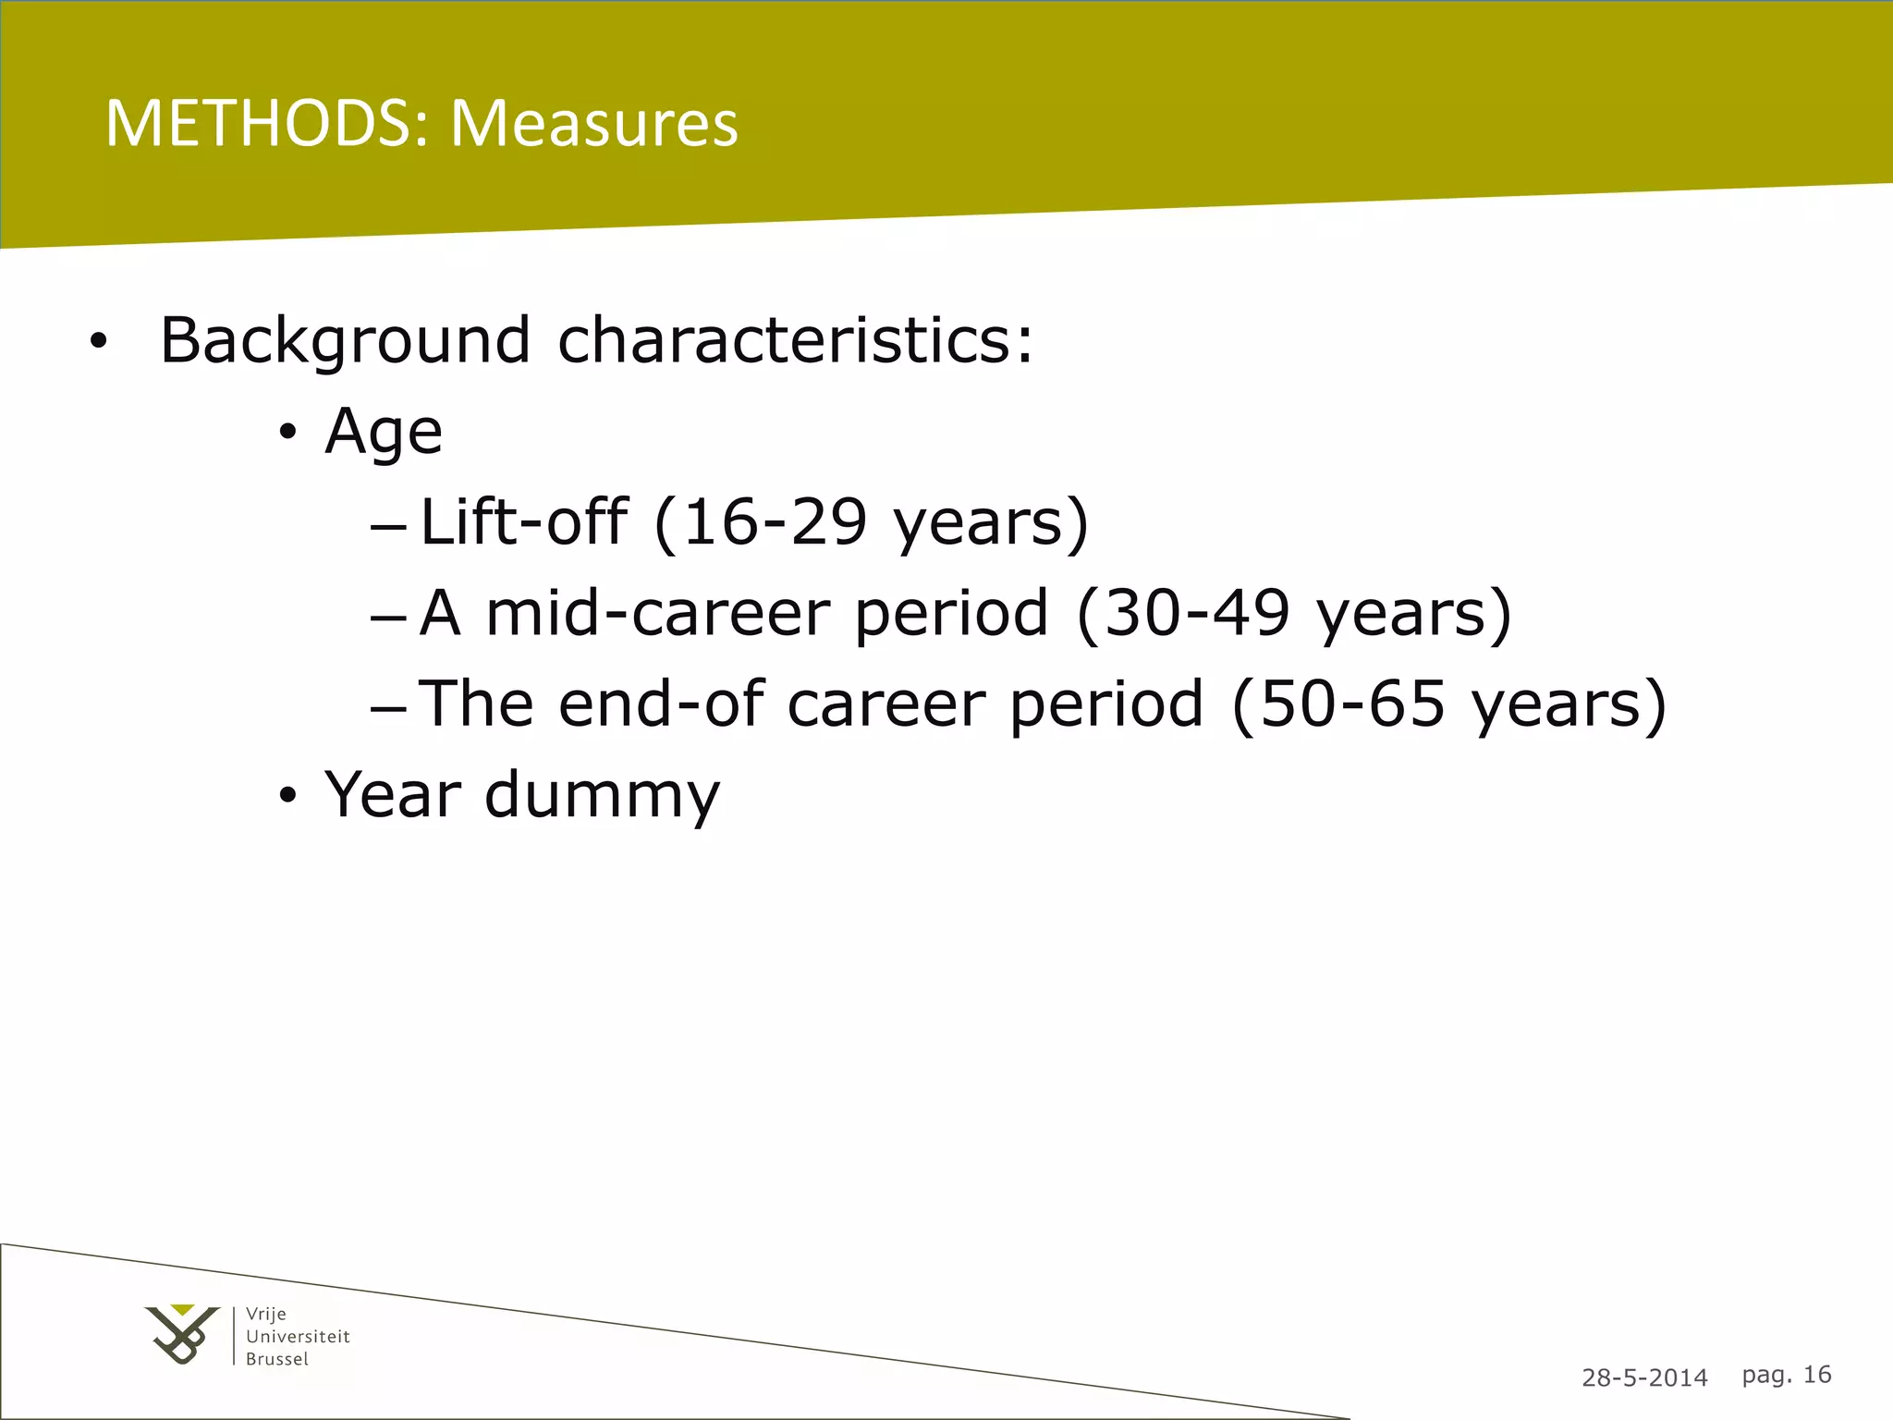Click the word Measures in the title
point(594,123)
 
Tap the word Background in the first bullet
point(345,342)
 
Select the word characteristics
point(795,340)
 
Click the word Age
point(384,433)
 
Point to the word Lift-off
point(523,522)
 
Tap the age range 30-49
point(1196,613)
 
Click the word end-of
point(661,704)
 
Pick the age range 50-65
point(1352,704)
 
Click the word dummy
point(602,795)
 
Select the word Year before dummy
point(393,794)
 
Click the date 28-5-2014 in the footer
point(1644,1377)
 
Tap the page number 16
point(1817,1375)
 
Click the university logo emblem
point(182,1334)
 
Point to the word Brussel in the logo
point(277,1359)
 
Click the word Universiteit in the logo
point(298,1336)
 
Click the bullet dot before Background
point(98,343)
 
